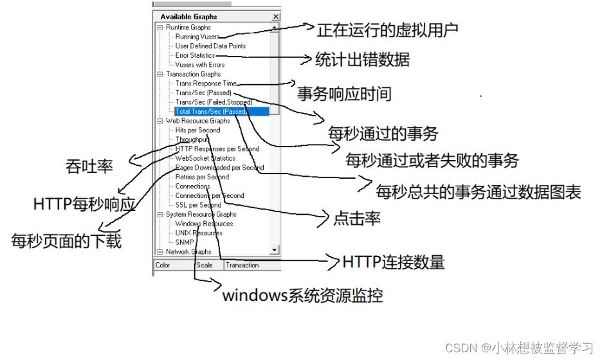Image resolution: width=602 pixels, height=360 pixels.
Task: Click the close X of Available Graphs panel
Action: (276, 17)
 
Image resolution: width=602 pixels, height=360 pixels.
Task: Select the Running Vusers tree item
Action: (196, 37)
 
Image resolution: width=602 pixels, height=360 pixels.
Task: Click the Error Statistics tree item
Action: (195, 55)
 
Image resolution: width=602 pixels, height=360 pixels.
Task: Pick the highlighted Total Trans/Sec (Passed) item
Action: (210, 111)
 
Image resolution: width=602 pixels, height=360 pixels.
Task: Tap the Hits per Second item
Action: (197, 130)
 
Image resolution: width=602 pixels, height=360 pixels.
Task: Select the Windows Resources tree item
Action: (204, 224)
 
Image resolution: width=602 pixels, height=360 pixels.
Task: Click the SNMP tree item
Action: (184, 242)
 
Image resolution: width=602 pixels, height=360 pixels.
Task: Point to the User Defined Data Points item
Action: (210, 46)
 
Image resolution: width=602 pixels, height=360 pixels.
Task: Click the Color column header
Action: (163, 265)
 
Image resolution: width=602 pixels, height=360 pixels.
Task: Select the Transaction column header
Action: (242, 265)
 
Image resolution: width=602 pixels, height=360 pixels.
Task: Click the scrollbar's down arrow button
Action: (275, 249)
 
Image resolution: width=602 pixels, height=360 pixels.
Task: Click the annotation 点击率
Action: (357, 218)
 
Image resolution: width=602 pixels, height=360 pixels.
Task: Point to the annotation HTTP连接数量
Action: (394, 262)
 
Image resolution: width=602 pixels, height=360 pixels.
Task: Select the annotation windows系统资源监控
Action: (302, 296)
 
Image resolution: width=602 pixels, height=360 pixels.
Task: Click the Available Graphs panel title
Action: (188, 17)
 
